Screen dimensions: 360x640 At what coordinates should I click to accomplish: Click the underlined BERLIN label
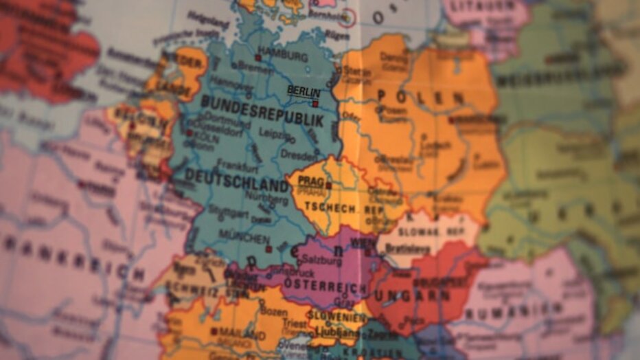click(x=304, y=91)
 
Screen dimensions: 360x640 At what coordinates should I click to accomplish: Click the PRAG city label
click(x=310, y=182)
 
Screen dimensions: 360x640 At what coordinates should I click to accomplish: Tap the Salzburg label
click(x=321, y=262)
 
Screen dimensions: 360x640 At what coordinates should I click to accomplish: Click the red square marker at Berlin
click(x=315, y=104)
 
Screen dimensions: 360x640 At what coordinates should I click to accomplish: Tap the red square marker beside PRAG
click(x=328, y=185)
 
